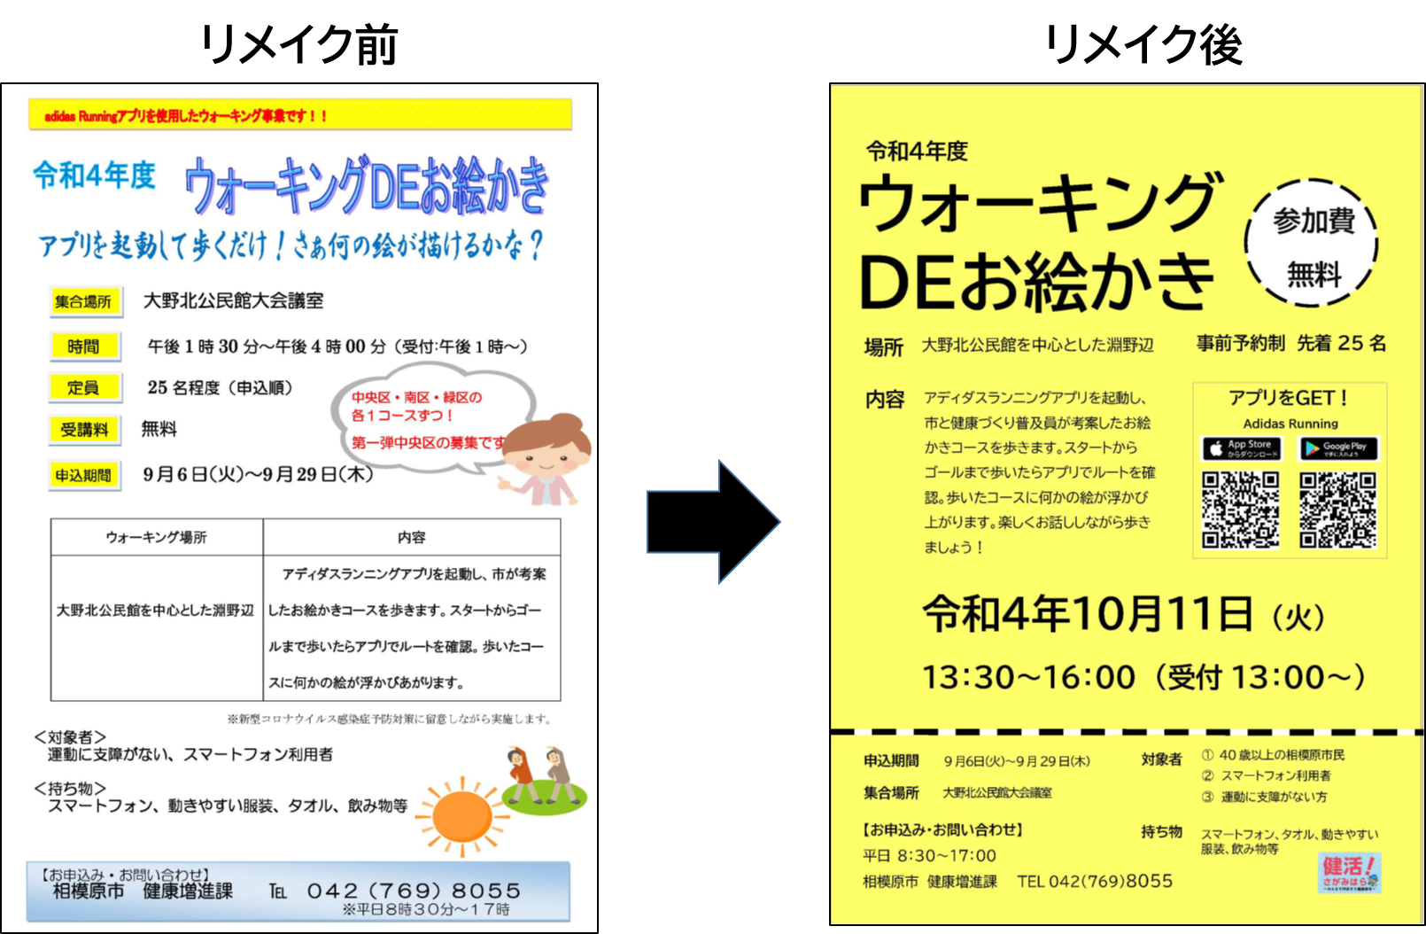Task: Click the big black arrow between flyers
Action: click(x=713, y=522)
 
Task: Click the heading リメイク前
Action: click(x=299, y=44)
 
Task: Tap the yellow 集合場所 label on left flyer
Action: click(x=84, y=301)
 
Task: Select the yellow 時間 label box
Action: click(x=84, y=346)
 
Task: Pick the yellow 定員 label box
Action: click(x=84, y=387)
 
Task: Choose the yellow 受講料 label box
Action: click(x=84, y=430)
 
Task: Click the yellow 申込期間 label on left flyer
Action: click(x=84, y=476)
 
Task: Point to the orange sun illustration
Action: click(x=461, y=816)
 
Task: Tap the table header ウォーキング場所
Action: click(x=156, y=537)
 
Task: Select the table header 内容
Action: click(x=411, y=537)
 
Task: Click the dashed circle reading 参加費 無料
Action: click(x=1313, y=245)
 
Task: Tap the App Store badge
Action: click(x=1241, y=448)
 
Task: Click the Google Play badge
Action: click(x=1337, y=448)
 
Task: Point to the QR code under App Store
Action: click(x=1240, y=510)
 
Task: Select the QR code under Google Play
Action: click(x=1337, y=510)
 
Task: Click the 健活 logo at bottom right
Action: click(x=1350, y=872)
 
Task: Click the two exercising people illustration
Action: click(x=540, y=779)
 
